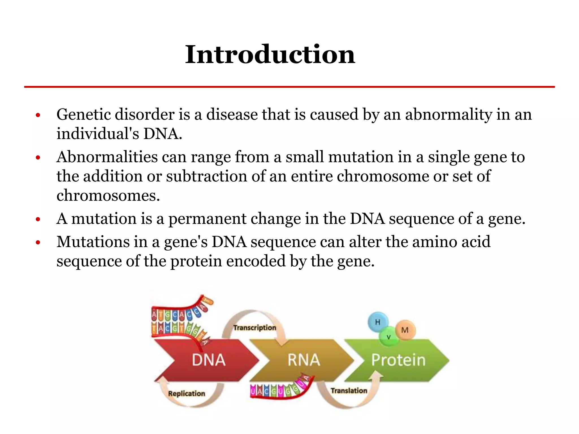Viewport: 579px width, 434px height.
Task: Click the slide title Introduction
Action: tap(270, 54)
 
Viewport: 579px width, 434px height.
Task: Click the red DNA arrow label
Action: tap(209, 360)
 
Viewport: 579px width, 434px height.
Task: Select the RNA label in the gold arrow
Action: tap(304, 360)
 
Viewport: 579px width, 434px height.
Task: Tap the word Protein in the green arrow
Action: tap(398, 360)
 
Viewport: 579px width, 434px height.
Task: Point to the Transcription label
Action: tap(254, 327)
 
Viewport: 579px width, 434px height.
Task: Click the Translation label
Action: tap(349, 390)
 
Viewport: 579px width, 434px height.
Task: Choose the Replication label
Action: tap(187, 393)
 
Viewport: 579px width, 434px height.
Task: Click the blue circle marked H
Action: tap(378, 322)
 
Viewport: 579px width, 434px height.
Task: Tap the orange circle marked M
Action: tap(405, 330)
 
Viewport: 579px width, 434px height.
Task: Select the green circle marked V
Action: tap(389, 337)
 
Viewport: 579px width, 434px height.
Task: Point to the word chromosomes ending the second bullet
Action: tap(108, 196)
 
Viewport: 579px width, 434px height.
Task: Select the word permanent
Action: tap(207, 219)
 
